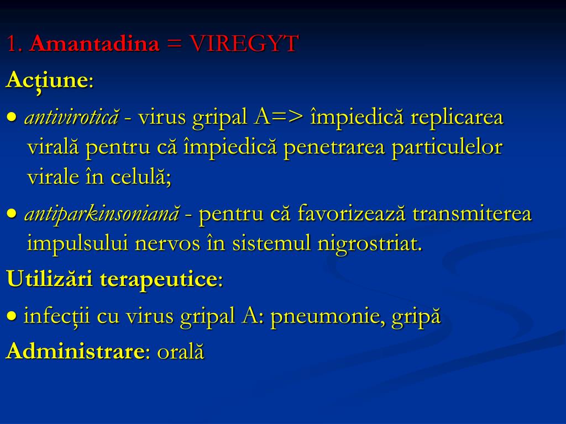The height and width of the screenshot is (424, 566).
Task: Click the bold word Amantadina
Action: (x=94, y=44)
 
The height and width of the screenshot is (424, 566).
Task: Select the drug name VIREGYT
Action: (x=244, y=44)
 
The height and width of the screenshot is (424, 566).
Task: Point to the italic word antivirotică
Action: (x=71, y=117)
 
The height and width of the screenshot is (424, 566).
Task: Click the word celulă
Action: (x=143, y=177)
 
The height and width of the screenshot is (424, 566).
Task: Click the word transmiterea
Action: (x=472, y=214)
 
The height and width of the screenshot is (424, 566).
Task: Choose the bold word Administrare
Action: (x=75, y=352)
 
